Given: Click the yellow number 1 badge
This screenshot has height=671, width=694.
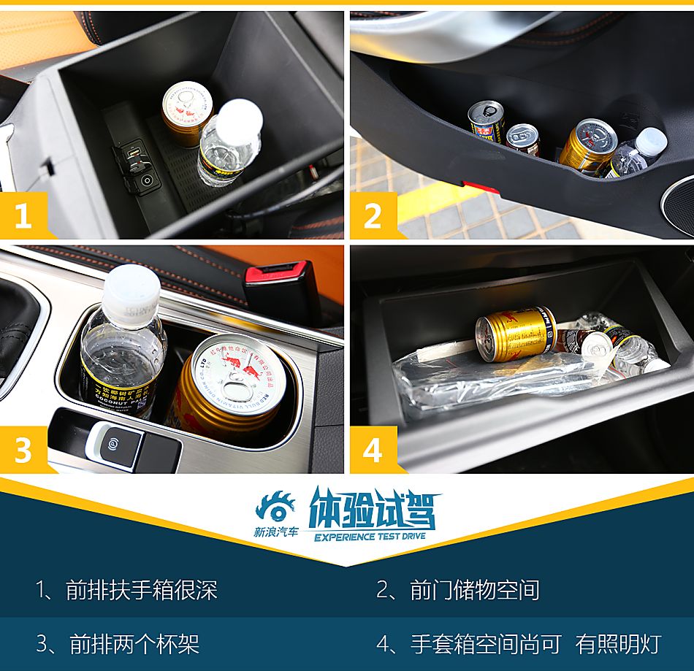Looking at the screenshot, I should (x=23, y=216).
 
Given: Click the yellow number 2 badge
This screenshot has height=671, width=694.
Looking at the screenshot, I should (x=373, y=216).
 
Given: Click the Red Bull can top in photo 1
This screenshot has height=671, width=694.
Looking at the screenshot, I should (x=186, y=103).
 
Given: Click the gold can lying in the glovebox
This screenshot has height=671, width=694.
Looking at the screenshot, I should (x=516, y=334).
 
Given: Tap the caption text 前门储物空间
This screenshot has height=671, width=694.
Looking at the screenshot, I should (x=474, y=590).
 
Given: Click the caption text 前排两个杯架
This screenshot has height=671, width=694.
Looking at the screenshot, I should (x=134, y=644).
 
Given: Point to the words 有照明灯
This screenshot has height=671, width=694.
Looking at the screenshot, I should (x=618, y=644).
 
